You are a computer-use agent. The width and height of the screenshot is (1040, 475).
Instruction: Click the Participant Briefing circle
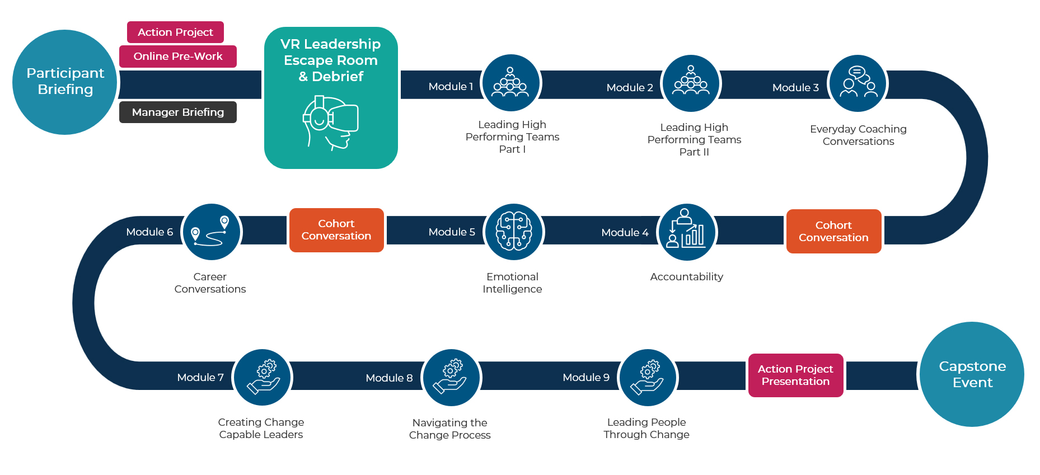tap(65, 82)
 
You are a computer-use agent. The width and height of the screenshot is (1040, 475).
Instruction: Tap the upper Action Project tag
tap(175, 32)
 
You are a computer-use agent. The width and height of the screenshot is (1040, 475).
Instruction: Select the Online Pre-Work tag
tap(178, 56)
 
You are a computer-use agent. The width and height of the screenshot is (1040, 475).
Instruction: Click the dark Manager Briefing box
tap(178, 112)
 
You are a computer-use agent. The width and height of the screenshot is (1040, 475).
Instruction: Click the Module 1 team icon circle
tap(510, 83)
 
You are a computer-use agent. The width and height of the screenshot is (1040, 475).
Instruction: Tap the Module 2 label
tap(630, 87)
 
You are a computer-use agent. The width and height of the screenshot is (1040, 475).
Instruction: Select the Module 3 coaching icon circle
tap(858, 83)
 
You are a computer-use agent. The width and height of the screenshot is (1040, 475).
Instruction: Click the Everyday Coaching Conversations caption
tap(858, 135)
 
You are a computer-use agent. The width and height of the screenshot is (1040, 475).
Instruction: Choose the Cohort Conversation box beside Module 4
tap(833, 231)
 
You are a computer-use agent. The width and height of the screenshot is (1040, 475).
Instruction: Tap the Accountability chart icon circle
tap(687, 232)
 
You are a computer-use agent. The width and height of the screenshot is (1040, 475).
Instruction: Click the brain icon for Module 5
tap(514, 232)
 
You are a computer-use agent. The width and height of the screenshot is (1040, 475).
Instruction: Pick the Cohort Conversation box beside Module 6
tap(336, 230)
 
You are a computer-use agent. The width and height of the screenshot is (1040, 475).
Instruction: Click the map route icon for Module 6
tap(212, 232)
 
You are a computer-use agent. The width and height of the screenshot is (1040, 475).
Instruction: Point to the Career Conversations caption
tap(210, 283)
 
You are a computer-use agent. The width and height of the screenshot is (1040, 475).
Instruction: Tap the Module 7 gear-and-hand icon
tap(262, 377)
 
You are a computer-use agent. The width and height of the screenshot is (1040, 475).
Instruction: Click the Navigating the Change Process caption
tap(449, 429)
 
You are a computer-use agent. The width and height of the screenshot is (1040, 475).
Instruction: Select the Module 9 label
tap(586, 378)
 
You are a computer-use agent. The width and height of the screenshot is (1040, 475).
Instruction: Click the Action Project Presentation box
tap(795, 375)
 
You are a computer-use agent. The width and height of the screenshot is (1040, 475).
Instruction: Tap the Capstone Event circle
tap(972, 374)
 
